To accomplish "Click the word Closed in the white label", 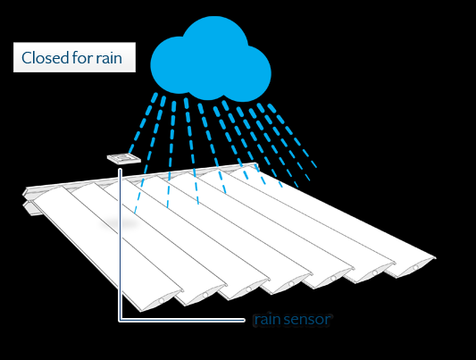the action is (x=46, y=58).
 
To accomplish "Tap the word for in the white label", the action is (x=82, y=58).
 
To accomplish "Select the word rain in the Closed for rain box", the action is (x=109, y=58).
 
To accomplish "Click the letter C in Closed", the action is (x=27, y=58).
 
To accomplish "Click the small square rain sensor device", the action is (x=124, y=158).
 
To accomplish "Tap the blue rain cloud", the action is (x=211, y=59).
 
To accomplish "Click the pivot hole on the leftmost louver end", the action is (x=162, y=300).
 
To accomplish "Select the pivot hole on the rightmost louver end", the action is (x=416, y=267).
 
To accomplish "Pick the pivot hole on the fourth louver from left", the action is (x=291, y=283).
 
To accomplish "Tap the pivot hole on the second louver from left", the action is (x=205, y=295).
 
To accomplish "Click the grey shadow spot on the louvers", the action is (x=120, y=223).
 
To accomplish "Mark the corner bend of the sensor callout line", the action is (x=121, y=319).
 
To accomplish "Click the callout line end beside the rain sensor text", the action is (x=244, y=320).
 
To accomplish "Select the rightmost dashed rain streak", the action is (x=292, y=136).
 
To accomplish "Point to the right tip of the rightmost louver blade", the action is (x=435, y=258).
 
